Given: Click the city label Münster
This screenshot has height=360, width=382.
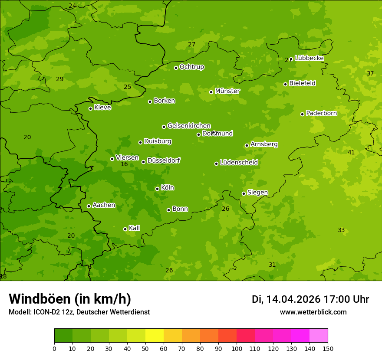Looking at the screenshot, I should point(227,91).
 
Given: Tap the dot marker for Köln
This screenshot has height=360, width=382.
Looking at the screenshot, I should point(157,189).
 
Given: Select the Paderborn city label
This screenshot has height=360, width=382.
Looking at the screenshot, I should point(321,113).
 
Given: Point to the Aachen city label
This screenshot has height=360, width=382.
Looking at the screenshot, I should point(104,205).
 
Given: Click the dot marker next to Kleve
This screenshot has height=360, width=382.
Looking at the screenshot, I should point(90,108).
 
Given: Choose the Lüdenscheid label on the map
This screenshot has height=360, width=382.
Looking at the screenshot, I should point(239,163).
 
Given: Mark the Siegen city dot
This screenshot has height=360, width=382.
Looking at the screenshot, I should point(244,193).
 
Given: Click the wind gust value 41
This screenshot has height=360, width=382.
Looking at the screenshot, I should point(351,152).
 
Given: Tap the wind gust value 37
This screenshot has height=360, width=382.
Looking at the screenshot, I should point(370,73).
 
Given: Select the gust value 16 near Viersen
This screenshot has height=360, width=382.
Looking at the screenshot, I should point(124,164).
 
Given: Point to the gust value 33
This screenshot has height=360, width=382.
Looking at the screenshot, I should point(341,230).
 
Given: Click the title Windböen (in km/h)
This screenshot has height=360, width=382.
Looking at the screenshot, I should point(70,299).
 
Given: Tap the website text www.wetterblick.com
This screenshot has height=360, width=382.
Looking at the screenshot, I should point(313,312).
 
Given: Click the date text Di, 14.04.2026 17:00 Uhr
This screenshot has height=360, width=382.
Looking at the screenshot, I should point(310,299).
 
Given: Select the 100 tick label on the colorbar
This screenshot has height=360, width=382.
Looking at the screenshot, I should point(237,348).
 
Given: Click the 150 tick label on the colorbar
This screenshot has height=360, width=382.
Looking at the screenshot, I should point(328,348).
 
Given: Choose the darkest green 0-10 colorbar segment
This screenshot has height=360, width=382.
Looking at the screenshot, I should point(63,336).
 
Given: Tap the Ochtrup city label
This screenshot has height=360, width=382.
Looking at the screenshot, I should point(191,67).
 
